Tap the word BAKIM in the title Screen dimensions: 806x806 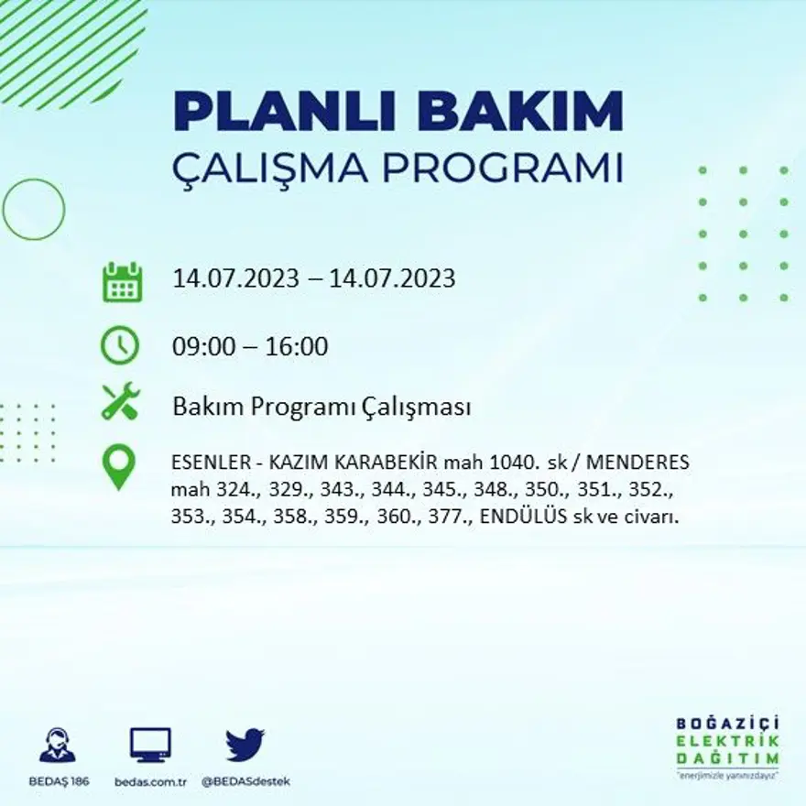pos(514,113)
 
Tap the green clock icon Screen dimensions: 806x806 pos(120,346)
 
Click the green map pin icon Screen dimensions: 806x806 pos(119,466)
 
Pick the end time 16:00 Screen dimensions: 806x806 pos(297,347)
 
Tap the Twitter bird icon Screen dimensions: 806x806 pos(245,745)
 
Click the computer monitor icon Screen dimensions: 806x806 pos(150,745)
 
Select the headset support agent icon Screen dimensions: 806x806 pos(58,745)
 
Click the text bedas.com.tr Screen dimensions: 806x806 pos(151,781)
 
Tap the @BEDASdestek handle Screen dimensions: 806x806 pos(245,781)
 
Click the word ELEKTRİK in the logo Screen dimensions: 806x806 pos(728,741)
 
